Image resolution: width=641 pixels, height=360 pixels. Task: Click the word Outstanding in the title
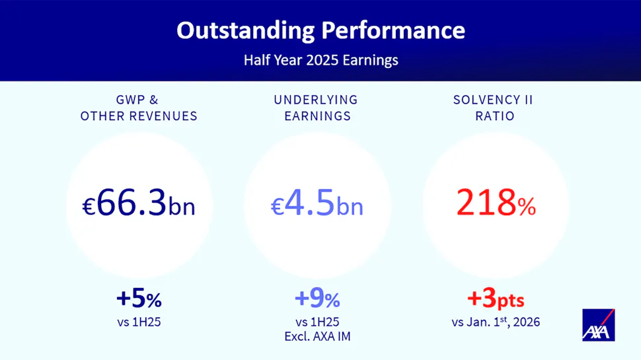tap(246, 31)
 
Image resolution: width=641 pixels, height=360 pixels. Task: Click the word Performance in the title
tap(393, 30)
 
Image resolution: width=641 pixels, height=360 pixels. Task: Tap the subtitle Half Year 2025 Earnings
tap(321, 60)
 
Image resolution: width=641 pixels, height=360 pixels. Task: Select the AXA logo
tap(599, 325)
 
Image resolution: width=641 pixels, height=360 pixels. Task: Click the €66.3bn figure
tap(139, 203)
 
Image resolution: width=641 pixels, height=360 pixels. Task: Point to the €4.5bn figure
tap(317, 203)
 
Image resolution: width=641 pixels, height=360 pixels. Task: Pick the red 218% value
tap(496, 203)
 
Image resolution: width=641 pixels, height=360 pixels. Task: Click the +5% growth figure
tap(139, 299)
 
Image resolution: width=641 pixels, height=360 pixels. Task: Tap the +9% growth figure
tap(317, 299)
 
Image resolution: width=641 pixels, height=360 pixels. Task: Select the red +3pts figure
tap(496, 299)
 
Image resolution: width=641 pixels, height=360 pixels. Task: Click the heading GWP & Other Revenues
tap(139, 108)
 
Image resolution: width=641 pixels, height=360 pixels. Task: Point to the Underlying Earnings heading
tap(316, 108)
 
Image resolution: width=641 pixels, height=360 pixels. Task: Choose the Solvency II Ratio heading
tap(494, 108)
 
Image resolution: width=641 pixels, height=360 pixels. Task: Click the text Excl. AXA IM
tap(318, 336)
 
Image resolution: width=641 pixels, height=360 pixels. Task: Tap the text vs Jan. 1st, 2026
tap(496, 322)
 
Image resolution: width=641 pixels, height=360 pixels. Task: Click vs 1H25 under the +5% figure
tap(139, 322)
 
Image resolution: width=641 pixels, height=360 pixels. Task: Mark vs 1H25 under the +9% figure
tap(317, 322)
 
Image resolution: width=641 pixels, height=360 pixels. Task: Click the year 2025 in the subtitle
tap(322, 60)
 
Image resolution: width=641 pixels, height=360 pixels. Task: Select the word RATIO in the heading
tap(495, 116)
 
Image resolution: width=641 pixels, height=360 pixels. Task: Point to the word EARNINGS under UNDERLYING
tap(318, 116)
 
